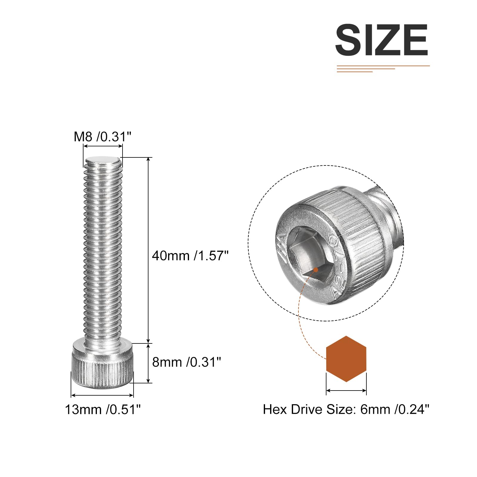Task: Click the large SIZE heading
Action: [x=382, y=40]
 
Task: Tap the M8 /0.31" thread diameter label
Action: [x=103, y=137]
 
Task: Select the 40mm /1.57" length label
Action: [x=190, y=256]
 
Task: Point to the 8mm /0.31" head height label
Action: [x=187, y=362]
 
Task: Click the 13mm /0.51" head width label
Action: [x=103, y=410]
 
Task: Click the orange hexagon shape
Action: [x=346, y=359]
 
